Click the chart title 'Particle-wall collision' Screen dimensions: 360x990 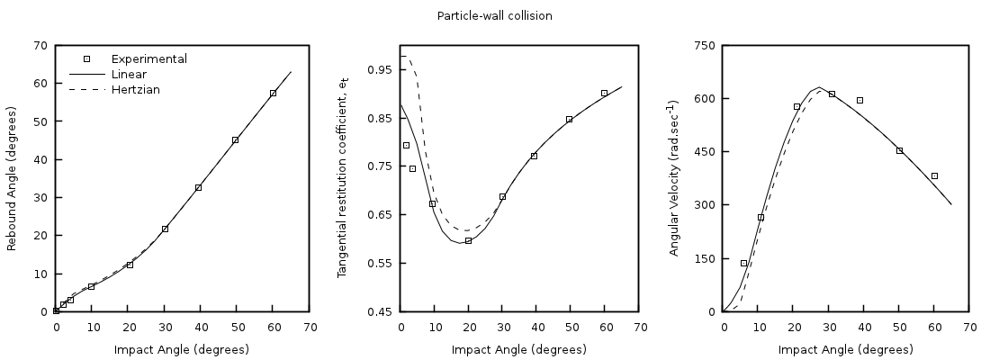click(x=494, y=15)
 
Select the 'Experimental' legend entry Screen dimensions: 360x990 click(x=148, y=58)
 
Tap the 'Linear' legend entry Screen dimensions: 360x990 click(x=129, y=74)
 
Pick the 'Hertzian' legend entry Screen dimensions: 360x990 click(x=135, y=89)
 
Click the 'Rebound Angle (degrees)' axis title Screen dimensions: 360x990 click(x=13, y=178)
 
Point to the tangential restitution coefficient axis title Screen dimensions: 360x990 click(x=342, y=178)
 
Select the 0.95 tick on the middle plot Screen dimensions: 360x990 click(x=382, y=69)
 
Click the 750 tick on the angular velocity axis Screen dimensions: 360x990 click(x=705, y=45)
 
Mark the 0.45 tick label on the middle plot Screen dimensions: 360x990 click(x=382, y=311)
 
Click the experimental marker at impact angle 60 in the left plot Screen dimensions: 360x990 click(x=273, y=93)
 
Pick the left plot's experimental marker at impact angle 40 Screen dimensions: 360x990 click(x=198, y=187)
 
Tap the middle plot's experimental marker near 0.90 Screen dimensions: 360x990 click(x=604, y=93)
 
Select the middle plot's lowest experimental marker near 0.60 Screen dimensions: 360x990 click(x=468, y=240)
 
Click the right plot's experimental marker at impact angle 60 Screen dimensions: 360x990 click(x=934, y=175)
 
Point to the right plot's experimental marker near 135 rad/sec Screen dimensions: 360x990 click(x=743, y=263)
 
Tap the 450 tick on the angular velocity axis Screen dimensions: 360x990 click(x=705, y=151)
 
